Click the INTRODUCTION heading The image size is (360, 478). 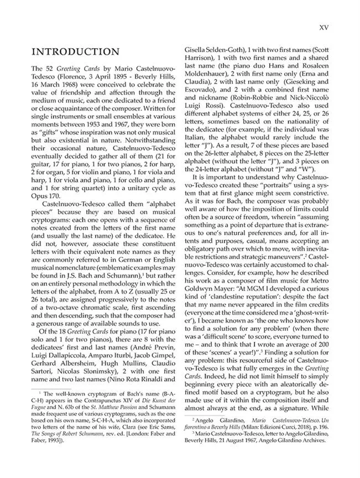coord(76,52)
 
